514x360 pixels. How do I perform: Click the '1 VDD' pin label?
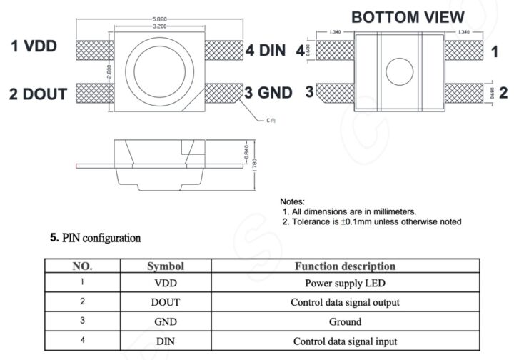(44, 47)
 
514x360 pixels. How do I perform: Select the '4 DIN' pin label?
(266, 50)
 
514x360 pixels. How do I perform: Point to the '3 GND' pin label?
(268, 93)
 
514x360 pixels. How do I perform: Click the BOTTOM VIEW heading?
(408, 16)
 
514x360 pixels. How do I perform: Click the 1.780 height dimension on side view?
(256, 164)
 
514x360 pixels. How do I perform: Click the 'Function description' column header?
(345, 266)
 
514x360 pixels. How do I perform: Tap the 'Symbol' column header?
(166, 266)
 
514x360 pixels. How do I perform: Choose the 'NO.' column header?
(83, 266)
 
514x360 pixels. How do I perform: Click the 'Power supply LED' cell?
(344, 283)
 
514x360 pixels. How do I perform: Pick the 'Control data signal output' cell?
(344, 302)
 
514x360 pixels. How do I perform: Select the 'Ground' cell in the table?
(344, 321)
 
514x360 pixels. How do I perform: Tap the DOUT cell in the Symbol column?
(166, 302)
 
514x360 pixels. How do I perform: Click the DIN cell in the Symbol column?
(166, 341)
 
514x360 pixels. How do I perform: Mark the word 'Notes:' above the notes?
(293, 202)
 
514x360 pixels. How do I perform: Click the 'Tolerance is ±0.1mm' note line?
(371, 221)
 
